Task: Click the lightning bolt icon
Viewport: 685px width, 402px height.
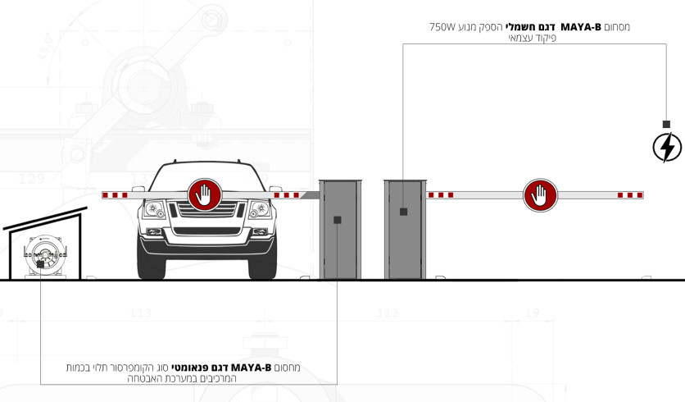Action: (667, 148)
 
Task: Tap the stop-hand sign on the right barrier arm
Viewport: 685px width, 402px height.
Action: (540, 195)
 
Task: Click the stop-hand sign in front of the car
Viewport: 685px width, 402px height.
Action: (205, 194)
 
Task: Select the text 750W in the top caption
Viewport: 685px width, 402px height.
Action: (443, 27)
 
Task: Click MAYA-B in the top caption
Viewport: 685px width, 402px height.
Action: (581, 27)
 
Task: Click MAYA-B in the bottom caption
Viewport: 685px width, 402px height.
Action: (252, 368)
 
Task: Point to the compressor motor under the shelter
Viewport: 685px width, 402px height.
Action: (45, 255)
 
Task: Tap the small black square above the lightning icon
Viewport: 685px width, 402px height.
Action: (666, 124)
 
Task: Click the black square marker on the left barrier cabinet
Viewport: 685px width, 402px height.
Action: (338, 220)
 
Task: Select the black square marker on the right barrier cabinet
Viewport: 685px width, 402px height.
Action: (404, 212)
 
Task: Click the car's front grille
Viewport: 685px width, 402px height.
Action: (207, 209)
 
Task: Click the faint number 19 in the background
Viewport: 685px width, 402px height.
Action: (532, 313)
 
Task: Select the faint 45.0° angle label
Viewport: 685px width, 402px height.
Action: (45, 46)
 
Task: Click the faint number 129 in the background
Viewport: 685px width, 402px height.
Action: (32, 179)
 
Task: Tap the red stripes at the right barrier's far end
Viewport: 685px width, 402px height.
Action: (630, 195)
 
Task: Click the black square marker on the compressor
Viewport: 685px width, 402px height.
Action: (40, 264)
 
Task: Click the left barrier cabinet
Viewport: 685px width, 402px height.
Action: (340, 229)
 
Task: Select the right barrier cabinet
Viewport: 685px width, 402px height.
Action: (405, 229)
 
